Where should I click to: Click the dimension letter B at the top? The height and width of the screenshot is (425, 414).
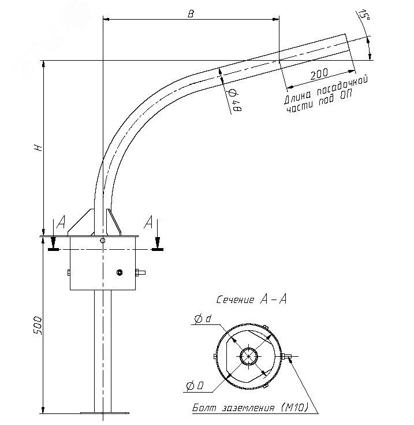tap(191, 14)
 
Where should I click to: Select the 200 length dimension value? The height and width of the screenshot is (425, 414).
tap(319, 74)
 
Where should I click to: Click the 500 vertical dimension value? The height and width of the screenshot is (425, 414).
tap(38, 327)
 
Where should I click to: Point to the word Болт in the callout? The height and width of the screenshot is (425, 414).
tap(204, 408)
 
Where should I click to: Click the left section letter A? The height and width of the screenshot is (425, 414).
tap(62, 223)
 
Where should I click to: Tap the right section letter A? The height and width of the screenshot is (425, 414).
tap(149, 222)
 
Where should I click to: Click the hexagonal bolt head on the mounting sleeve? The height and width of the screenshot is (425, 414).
tap(119, 272)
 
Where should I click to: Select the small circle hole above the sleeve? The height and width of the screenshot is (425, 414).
tap(102, 240)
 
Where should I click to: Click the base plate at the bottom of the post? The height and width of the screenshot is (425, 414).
tap(104, 412)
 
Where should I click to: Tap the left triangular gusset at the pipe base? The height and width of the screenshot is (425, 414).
tap(83, 223)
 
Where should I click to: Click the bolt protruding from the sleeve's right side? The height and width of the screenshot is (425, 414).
tap(140, 272)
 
